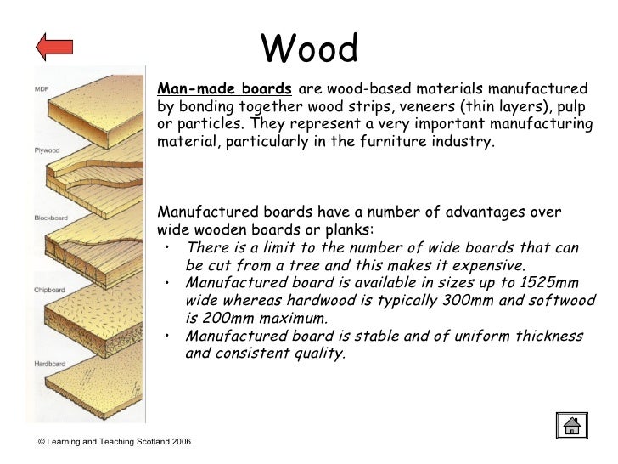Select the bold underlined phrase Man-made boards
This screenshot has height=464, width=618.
pos(226,89)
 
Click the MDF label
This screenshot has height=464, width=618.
pos(41,89)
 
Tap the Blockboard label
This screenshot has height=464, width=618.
pos(49,218)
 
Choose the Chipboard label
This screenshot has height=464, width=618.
pos(48,291)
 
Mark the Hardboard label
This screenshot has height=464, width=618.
pos(48,364)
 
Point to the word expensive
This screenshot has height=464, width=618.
pos(481,265)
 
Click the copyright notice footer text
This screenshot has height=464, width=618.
pos(114,444)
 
